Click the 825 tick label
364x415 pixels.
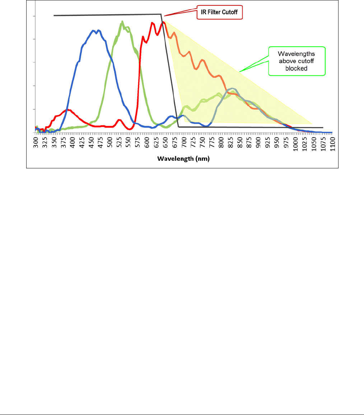tap(230, 143)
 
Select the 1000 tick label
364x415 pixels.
tap(295, 144)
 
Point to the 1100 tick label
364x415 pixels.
tap(332, 144)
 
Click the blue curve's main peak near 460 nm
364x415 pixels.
tap(94, 31)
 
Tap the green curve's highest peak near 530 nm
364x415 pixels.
tap(122, 22)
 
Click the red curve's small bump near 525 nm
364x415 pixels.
tap(119, 120)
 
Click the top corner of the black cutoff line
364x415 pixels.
tap(160, 14)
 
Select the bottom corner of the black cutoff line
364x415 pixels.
tap(178, 127)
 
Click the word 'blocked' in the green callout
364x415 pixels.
tap(297, 68)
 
